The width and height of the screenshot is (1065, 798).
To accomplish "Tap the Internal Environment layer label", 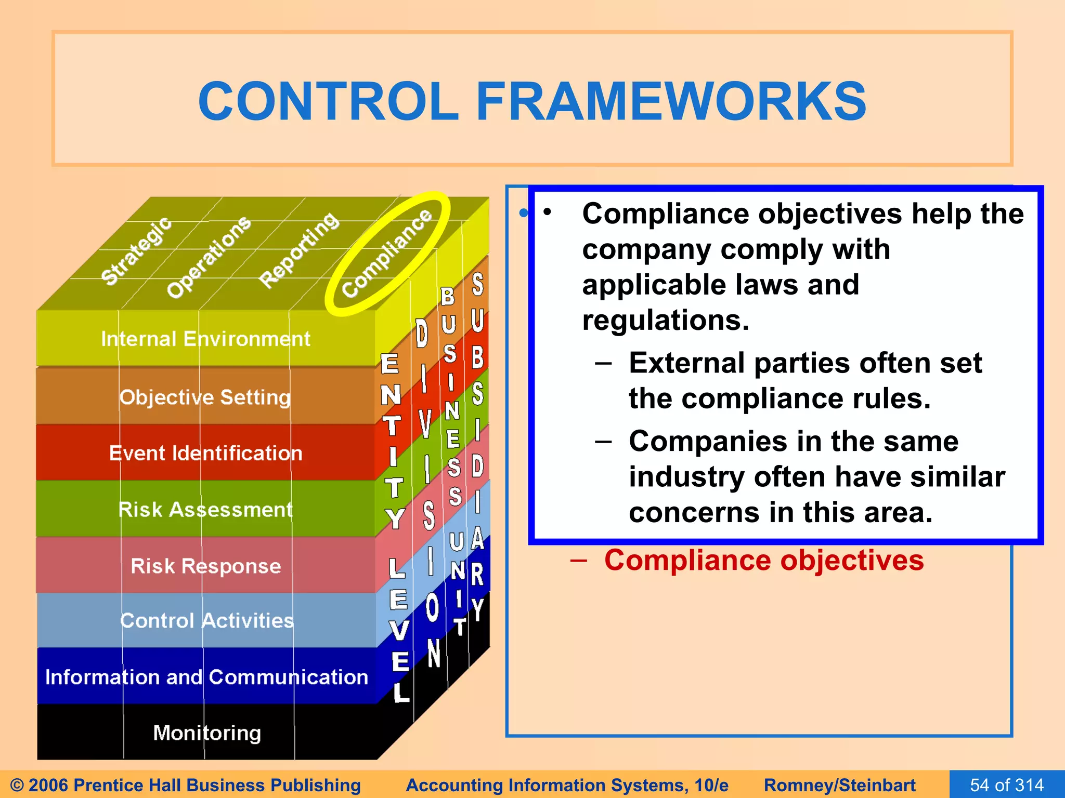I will [205, 339].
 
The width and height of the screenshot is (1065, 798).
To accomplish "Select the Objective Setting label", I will [205, 397].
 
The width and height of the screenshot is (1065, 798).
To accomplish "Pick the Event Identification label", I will [205, 454].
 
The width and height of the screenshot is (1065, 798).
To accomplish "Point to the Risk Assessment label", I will [205, 510].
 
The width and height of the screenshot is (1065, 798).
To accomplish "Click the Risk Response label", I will [205, 566].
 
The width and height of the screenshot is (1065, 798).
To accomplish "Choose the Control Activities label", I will [206, 621].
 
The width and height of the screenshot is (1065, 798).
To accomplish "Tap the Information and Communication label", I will [206, 677].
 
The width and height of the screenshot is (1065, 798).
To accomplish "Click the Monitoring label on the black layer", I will [207, 733].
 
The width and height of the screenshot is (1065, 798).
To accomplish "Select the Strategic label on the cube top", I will [136, 251].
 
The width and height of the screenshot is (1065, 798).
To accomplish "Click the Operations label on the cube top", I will [209, 257].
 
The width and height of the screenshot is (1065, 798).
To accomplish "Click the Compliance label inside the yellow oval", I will [387, 253].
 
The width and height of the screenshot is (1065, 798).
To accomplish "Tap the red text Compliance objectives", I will [763, 561].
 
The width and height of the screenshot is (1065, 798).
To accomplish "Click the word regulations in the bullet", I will [666, 320].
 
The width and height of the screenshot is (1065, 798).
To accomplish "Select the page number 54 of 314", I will [1007, 785].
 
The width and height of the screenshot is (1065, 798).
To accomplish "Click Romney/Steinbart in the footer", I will [839, 785].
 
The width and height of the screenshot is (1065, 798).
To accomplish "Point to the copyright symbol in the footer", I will [17, 785].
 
